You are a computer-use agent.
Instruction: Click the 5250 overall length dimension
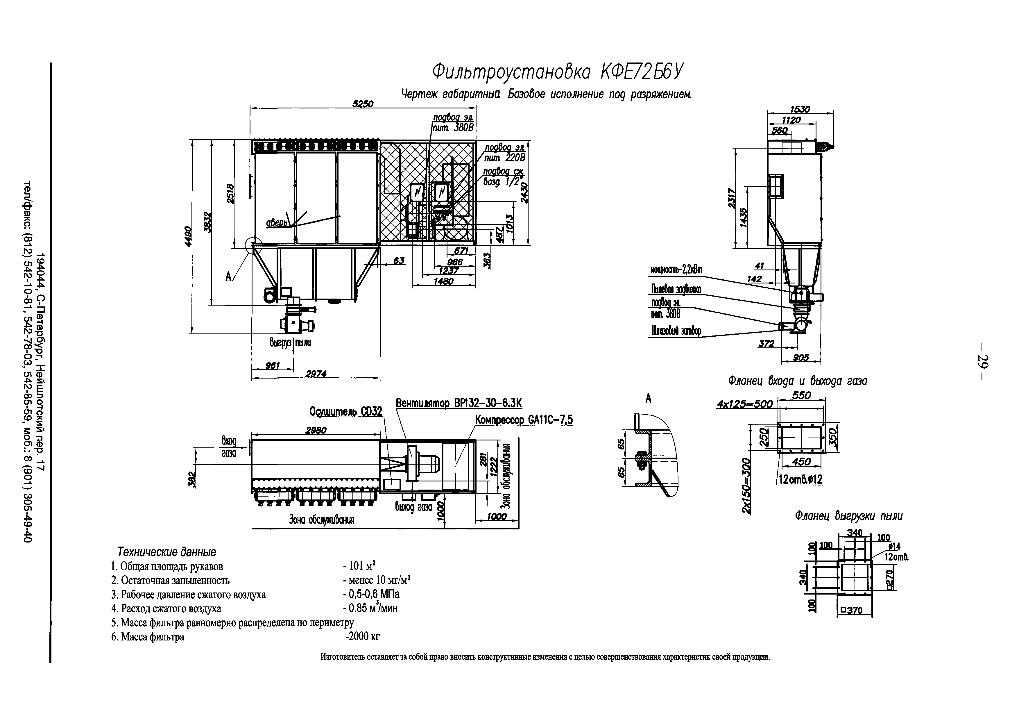click(x=363, y=103)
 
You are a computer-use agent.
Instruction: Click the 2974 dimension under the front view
click(x=316, y=374)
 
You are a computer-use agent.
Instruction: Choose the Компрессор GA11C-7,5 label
click(x=524, y=420)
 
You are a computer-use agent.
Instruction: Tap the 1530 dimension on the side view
click(x=800, y=109)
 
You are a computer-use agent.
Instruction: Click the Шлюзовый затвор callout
click(x=676, y=331)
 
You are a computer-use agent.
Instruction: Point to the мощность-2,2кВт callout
click(x=676, y=270)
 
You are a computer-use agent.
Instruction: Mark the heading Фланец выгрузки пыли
click(x=848, y=516)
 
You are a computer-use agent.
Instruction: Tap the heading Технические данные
click(x=166, y=552)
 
